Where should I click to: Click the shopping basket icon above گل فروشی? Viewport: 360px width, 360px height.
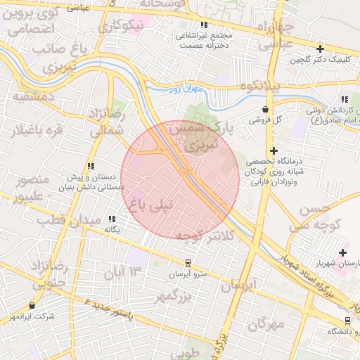pos(265,110)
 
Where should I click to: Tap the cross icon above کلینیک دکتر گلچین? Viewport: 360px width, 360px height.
pos(321,49)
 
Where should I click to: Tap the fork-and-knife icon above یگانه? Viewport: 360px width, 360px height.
pos(112,219)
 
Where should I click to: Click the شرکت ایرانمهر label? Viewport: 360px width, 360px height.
pos(32,316)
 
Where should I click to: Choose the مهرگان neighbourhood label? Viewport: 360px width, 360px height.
pos(265,325)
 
